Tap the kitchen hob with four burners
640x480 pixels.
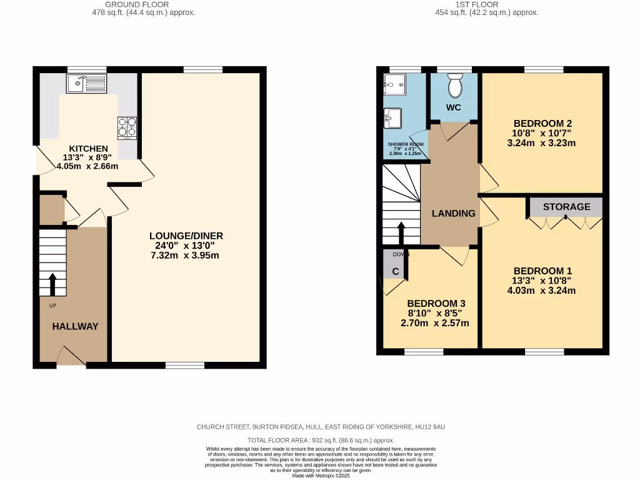tap(127, 127)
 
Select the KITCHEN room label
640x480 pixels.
tap(88, 148)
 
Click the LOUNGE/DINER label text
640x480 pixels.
tap(186, 236)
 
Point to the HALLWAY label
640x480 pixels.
tap(75, 326)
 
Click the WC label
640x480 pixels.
tap(454, 107)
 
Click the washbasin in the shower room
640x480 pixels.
tap(394, 116)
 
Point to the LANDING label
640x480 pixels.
tap(454, 213)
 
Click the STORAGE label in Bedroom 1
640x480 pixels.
tap(566, 207)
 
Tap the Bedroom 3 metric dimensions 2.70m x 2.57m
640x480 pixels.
tap(434, 323)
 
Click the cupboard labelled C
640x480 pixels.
tap(395, 272)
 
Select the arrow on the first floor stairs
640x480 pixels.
tap(401, 232)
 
